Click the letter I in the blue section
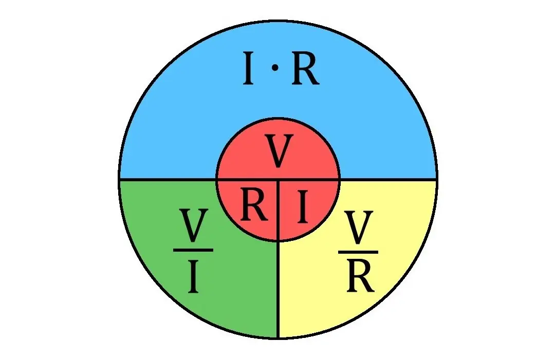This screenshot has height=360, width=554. point(248,68)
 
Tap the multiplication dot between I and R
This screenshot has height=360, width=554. point(275,68)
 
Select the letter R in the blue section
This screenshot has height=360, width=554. point(306,68)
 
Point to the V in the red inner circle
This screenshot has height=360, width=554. point(279,150)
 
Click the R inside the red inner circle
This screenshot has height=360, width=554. point(254,205)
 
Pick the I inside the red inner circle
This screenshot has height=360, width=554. point(302,206)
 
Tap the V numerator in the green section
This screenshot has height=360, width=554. point(193,225)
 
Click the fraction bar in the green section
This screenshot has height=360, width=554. point(193,250)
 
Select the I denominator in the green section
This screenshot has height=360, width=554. point(193,276)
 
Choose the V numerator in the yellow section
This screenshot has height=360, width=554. point(359,228)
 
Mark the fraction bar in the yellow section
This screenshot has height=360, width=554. point(358,252)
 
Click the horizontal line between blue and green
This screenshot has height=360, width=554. point(168,180)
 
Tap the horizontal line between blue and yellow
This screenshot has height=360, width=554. point(388,180)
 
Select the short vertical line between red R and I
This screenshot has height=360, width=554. point(279,211)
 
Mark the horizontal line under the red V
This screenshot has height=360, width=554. point(278,180)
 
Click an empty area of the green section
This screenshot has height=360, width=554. point(233,290)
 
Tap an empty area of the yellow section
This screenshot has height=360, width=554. point(318,296)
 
